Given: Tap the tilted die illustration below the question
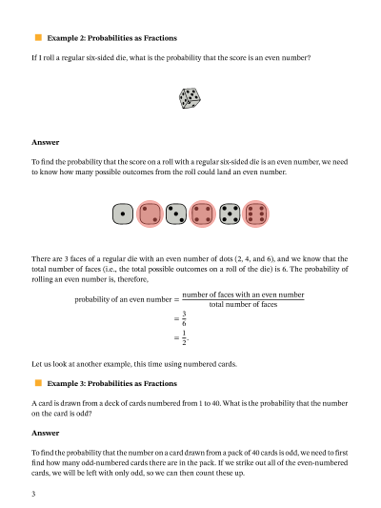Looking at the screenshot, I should tap(190, 97).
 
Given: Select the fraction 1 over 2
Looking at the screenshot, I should tap(185, 337).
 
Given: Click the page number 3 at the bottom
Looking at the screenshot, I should tap(33, 495).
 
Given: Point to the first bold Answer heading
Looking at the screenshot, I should tap(46, 143).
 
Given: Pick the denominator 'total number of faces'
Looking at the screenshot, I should tap(243, 305).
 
